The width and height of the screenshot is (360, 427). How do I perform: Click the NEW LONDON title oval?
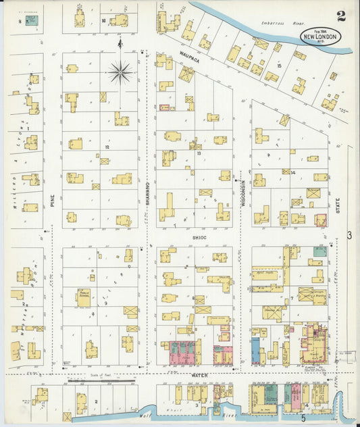321,36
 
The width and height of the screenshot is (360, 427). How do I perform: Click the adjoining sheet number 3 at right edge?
350,234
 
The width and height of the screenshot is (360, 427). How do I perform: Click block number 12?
106,147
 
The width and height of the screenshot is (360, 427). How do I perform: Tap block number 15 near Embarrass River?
279,66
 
